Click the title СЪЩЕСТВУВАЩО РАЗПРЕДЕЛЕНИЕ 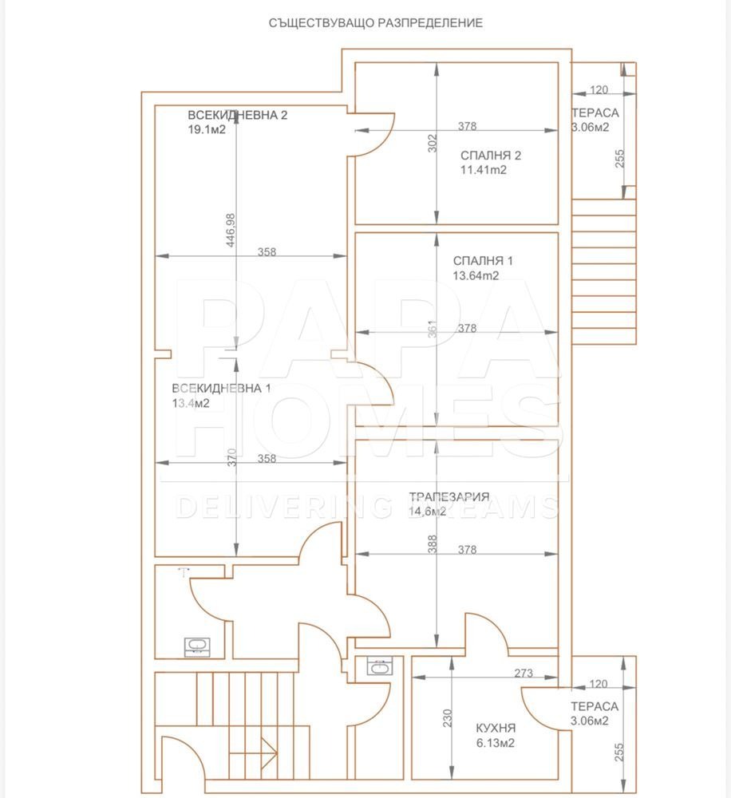coord(375,23)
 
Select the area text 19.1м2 coord(207,129)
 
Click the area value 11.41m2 coord(484,170)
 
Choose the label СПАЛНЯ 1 coord(483,261)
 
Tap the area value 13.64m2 coord(476,276)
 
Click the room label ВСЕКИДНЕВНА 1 coord(222,389)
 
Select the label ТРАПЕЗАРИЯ coord(449,496)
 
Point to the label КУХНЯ coord(496,729)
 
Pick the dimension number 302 coord(433,144)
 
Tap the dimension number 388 coord(433,544)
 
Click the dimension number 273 coord(524,674)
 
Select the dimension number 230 coord(448,717)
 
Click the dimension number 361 coord(433,330)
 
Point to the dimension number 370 coord(231,457)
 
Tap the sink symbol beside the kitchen coord(378,667)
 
